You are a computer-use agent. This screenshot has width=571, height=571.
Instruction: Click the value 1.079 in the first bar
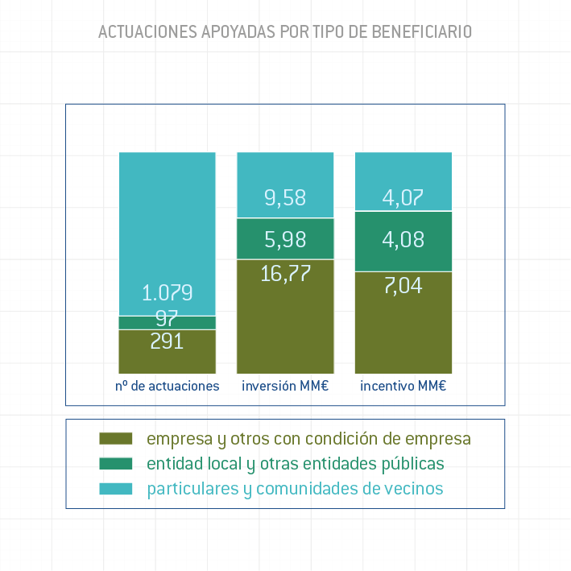tap(168, 292)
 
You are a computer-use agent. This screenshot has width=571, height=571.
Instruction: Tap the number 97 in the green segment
tap(168, 318)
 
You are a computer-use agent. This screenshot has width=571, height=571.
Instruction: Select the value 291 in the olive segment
tap(168, 341)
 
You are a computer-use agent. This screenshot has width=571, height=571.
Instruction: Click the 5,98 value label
tap(285, 239)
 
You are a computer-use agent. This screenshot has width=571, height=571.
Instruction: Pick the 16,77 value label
tap(285, 273)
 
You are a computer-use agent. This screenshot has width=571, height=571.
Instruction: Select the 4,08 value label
tap(403, 239)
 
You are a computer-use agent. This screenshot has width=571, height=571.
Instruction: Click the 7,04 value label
tap(403, 285)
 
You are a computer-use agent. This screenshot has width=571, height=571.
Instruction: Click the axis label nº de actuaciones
tap(168, 386)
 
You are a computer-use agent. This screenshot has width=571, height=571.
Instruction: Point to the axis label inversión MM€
tap(285, 386)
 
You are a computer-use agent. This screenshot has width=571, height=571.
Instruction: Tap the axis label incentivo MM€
tap(403, 386)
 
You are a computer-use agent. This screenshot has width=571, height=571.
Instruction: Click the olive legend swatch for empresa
tap(115, 439)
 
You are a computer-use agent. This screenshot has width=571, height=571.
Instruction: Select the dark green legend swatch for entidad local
tap(115, 464)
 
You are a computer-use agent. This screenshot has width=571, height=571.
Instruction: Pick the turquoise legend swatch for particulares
tap(115, 489)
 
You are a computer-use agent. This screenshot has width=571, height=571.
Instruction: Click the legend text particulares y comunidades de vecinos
tap(295, 489)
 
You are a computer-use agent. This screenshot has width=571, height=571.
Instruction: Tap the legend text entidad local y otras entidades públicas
tap(295, 464)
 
